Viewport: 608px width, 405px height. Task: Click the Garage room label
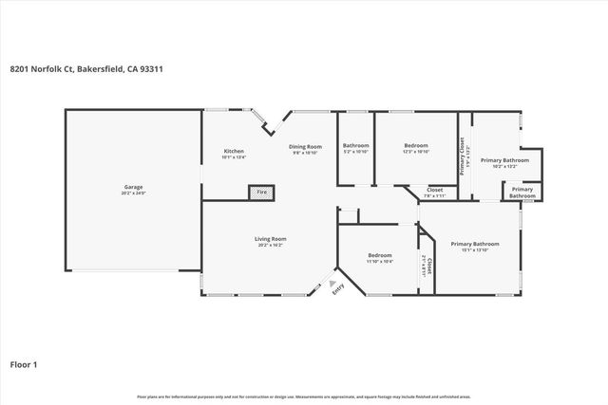pos(133,186)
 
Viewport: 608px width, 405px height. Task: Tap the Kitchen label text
pos(234,152)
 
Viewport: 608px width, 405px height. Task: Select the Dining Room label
pos(306,146)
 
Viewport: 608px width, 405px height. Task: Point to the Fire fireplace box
pos(260,193)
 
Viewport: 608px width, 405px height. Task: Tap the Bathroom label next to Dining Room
pos(355,145)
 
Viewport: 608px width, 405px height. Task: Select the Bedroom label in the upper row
pos(416,145)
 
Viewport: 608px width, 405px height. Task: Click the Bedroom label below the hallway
pos(381,255)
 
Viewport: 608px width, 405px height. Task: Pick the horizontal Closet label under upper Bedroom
pos(434,190)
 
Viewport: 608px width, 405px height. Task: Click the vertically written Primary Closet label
pos(463,156)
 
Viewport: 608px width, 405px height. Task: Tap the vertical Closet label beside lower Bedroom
pos(429,268)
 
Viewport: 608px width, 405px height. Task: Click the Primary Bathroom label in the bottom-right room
pos(474,244)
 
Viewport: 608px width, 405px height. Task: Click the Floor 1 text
pos(25,362)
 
